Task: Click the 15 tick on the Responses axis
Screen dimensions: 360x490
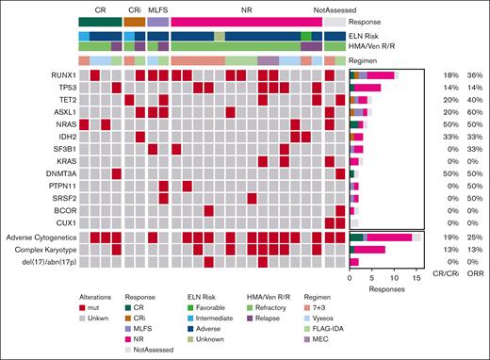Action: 418,279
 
